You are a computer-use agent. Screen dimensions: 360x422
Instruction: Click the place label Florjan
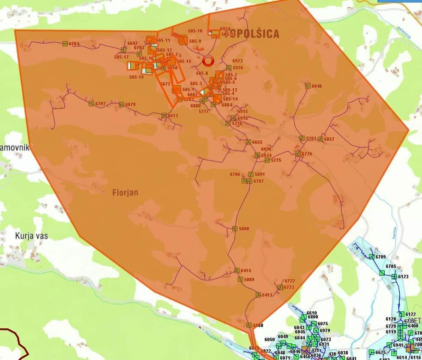coord(125,192)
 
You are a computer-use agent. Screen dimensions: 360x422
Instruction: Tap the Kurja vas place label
coord(31,235)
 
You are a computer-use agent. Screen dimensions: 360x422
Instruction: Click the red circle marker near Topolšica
coord(208,60)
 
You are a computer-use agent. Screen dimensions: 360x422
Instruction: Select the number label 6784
coord(74,44)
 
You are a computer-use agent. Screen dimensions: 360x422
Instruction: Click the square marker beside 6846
coord(308,86)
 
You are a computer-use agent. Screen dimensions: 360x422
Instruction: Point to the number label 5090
coord(244,229)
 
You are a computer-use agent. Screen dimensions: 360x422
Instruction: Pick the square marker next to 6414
coord(236,270)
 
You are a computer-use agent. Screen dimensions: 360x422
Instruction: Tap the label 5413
coord(267,295)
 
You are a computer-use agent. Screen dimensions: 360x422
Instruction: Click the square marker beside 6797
coord(91,103)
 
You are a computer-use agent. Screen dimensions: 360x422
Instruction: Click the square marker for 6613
coord(164,115)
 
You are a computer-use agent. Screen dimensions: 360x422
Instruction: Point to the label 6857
coord(329,139)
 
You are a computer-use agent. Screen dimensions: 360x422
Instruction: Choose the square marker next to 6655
coord(248,142)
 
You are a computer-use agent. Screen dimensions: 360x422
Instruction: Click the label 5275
coord(276,160)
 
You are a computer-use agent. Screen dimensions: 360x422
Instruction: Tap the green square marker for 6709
coord(371,257)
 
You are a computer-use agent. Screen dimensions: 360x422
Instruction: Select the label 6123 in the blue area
coord(403,277)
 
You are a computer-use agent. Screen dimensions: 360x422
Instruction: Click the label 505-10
coord(195,31)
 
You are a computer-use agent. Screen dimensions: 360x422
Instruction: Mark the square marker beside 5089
coord(240,279)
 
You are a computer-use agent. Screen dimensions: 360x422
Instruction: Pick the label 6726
coord(307,154)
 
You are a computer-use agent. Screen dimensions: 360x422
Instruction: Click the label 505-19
coord(136,77)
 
